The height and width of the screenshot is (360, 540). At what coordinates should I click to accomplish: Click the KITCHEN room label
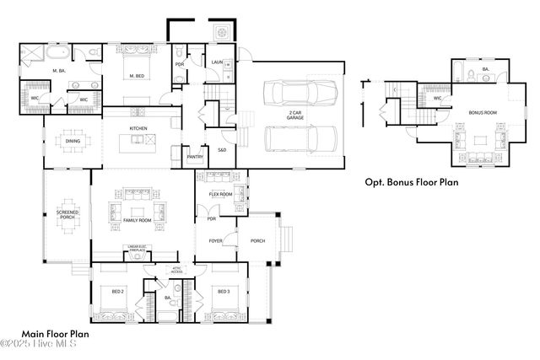(139, 128)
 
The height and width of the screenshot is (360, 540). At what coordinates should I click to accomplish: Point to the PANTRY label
(195, 156)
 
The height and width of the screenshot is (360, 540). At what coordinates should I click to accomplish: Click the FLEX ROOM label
(221, 195)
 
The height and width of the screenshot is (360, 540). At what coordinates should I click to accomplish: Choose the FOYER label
(216, 241)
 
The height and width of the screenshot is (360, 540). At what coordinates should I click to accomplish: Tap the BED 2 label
(118, 292)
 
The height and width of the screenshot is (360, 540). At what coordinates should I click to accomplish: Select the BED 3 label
(224, 292)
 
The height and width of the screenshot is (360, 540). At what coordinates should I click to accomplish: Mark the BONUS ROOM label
(482, 112)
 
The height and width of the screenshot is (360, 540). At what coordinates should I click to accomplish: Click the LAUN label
(217, 62)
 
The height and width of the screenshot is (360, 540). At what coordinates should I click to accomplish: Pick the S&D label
(222, 150)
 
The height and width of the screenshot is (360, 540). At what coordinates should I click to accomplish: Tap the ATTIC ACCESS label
(175, 271)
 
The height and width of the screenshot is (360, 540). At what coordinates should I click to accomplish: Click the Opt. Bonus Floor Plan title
(412, 181)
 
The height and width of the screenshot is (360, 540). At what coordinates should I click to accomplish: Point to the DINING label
(73, 142)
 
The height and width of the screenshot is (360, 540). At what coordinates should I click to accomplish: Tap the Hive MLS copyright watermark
(39, 344)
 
